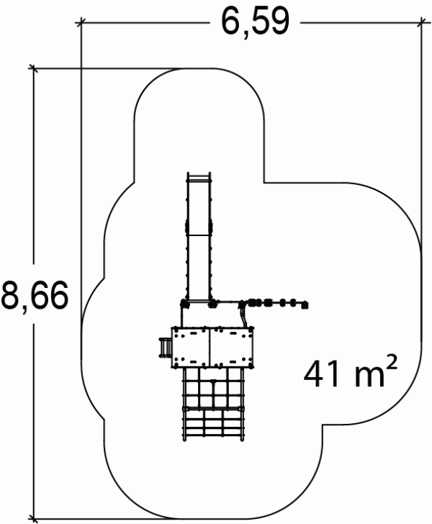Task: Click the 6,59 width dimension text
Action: (x=255, y=22)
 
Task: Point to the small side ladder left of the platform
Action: (x=165, y=348)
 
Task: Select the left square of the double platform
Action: (x=191, y=347)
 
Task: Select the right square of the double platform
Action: (x=232, y=347)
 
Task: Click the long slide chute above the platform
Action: (x=199, y=238)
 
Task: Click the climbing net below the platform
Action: (x=213, y=405)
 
